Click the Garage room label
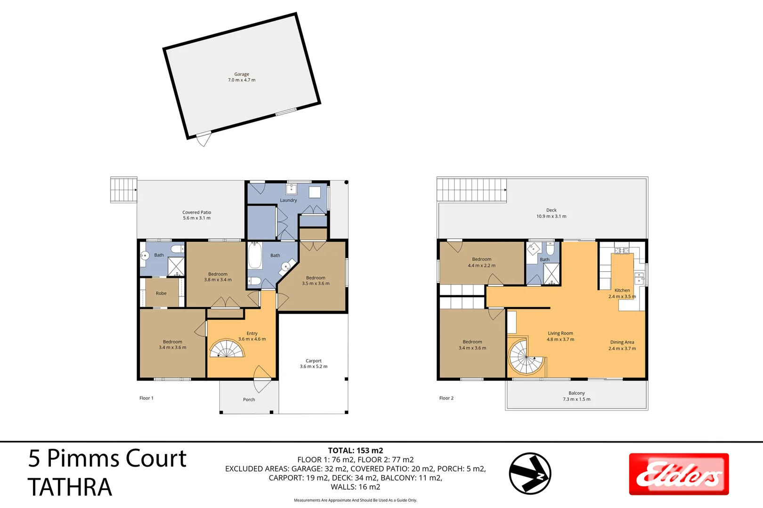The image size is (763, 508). tap(242, 74)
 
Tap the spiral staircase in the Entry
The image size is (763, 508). tap(227, 349)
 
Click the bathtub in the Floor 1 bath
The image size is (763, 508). tap(255, 255)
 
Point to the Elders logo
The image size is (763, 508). tap(679, 474)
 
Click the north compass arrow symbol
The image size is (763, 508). tap(530, 473)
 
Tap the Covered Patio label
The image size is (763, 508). tap(197, 213)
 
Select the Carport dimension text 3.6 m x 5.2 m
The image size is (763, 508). tap(314, 366)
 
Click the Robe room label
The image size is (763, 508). tap(161, 294)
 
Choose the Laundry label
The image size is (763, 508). tap(288, 200)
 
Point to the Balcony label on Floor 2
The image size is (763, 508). tap(576, 393)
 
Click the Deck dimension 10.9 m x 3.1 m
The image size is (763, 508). tap(551, 216)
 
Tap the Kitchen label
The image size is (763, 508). tap(622, 290)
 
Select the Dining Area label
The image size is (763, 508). tap(622, 342)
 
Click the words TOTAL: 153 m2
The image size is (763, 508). tap(356, 451)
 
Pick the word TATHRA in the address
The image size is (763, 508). tap(70, 487)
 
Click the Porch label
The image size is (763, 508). tap(249, 400)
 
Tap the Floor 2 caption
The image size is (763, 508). tap(446, 398)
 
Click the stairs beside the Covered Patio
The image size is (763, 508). tap(123, 190)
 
